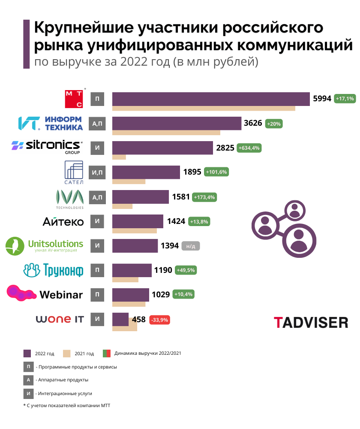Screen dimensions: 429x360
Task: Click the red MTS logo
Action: point(74,99)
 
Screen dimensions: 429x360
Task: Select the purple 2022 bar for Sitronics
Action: point(162,148)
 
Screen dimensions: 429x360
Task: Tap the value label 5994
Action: point(322,99)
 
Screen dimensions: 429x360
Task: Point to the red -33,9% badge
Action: point(159,320)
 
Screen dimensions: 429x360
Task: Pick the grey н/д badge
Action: point(191,246)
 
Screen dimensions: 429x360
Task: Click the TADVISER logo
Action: point(311,322)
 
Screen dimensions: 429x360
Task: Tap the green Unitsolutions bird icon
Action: point(15,246)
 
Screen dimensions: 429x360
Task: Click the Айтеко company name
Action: point(63,221)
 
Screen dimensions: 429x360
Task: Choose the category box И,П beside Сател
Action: point(97,172)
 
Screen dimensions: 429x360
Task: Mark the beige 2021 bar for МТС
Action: point(204,108)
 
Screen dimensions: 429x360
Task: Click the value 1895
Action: point(192,172)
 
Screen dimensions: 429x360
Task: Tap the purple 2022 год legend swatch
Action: point(27,353)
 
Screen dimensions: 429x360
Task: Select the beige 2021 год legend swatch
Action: point(66,353)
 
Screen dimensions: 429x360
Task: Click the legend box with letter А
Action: point(28,380)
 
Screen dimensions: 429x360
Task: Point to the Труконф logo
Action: point(53,270)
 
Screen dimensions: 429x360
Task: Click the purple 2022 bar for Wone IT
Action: point(120,319)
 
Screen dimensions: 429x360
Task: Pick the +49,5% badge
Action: point(185,270)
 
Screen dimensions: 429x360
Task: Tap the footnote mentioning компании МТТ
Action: point(67,405)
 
